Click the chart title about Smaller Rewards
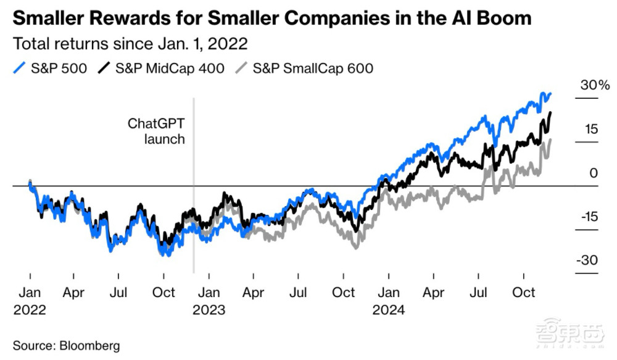pyautogui.click(x=271, y=18)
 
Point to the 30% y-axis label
pyautogui.click(x=595, y=86)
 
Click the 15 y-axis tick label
pyautogui.click(x=592, y=130)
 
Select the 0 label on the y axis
pyautogui.click(x=594, y=174)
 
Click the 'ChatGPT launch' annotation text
pyautogui.click(x=156, y=131)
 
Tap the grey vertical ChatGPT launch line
pyautogui.click(x=194, y=247)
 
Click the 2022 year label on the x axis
pyautogui.click(x=30, y=309)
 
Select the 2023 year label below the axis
pyautogui.click(x=209, y=309)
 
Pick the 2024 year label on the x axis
pyautogui.click(x=388, y=309)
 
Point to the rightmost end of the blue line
pyautogui.click(x=550, y=94)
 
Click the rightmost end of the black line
pyautogui.click(x=550, y=112)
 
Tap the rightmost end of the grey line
pyautogui.click(x=550, y=140)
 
